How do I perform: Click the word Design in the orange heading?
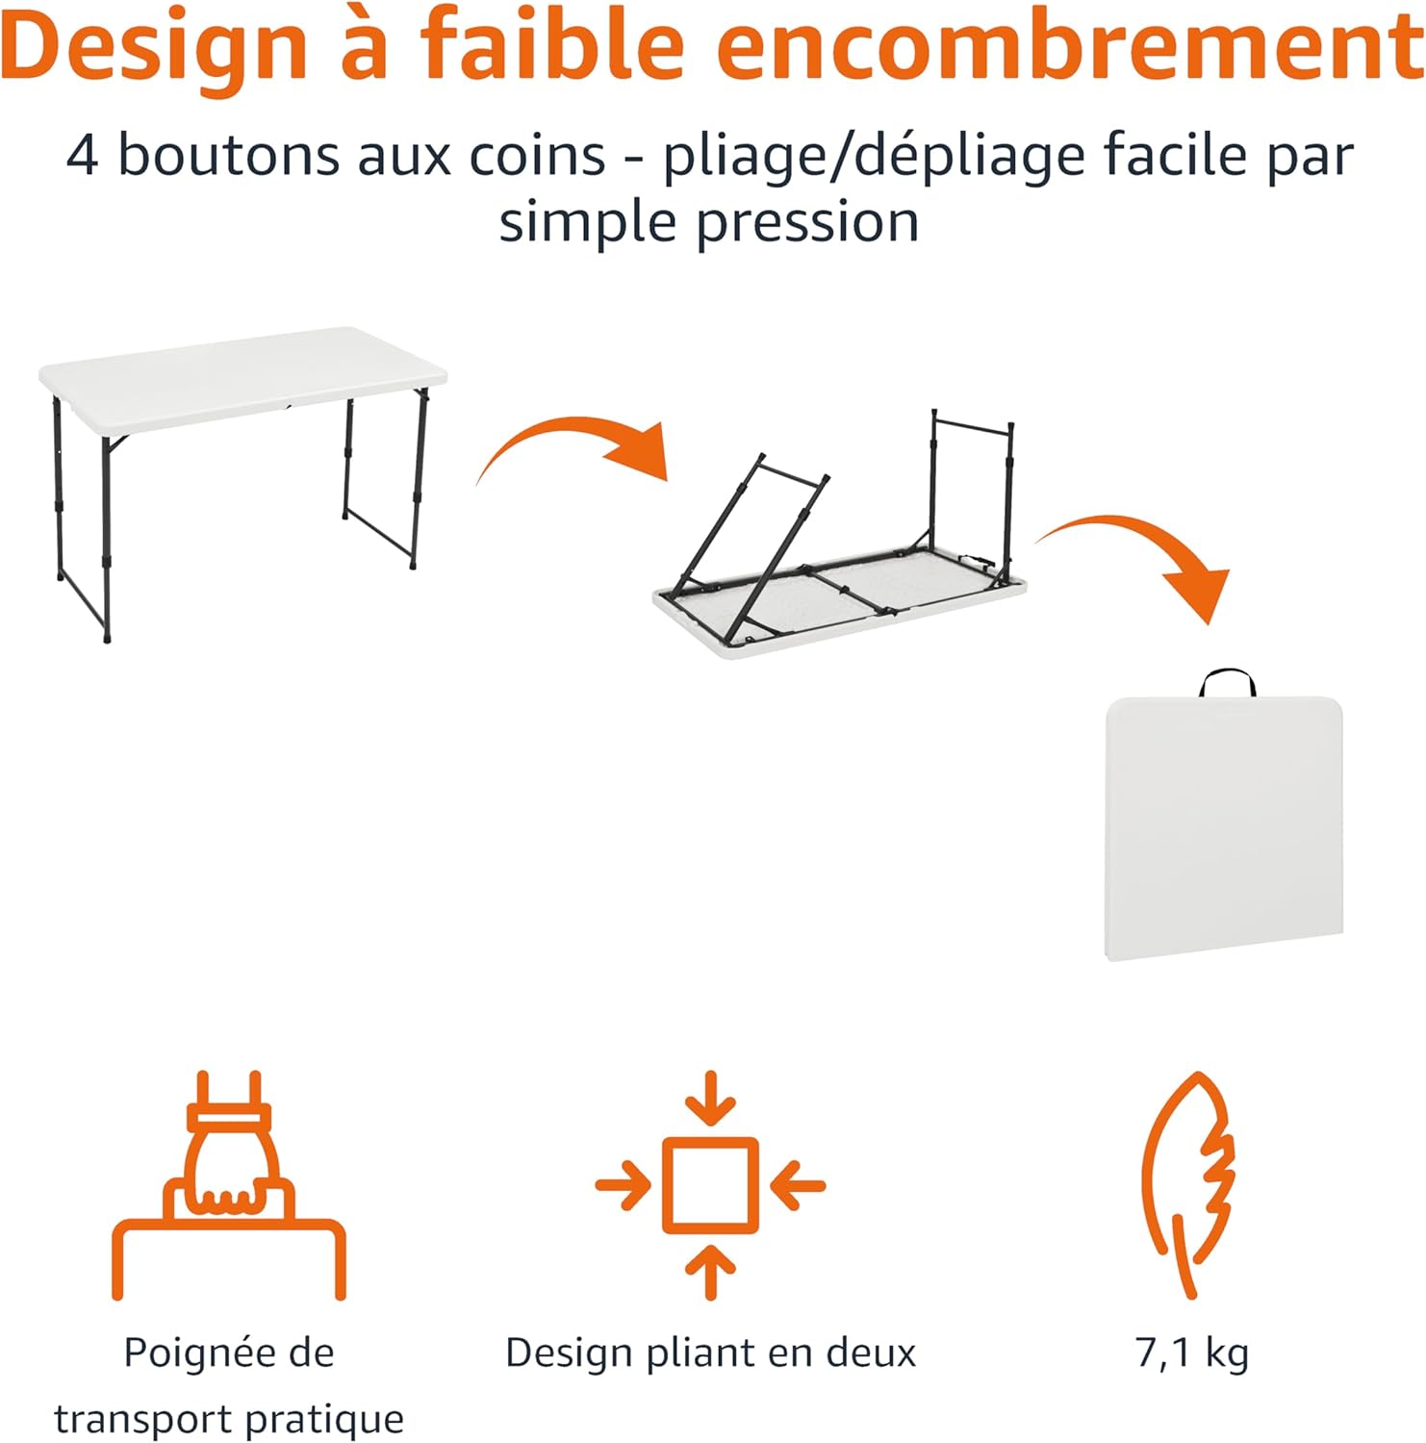tap(154, 48)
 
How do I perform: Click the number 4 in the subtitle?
tap(83, 156)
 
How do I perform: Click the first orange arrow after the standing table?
tap(577, 447)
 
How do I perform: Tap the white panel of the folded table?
tap(1224, 827)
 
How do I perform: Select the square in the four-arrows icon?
tap(710, 1185)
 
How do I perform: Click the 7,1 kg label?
tap(1191, 1354)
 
